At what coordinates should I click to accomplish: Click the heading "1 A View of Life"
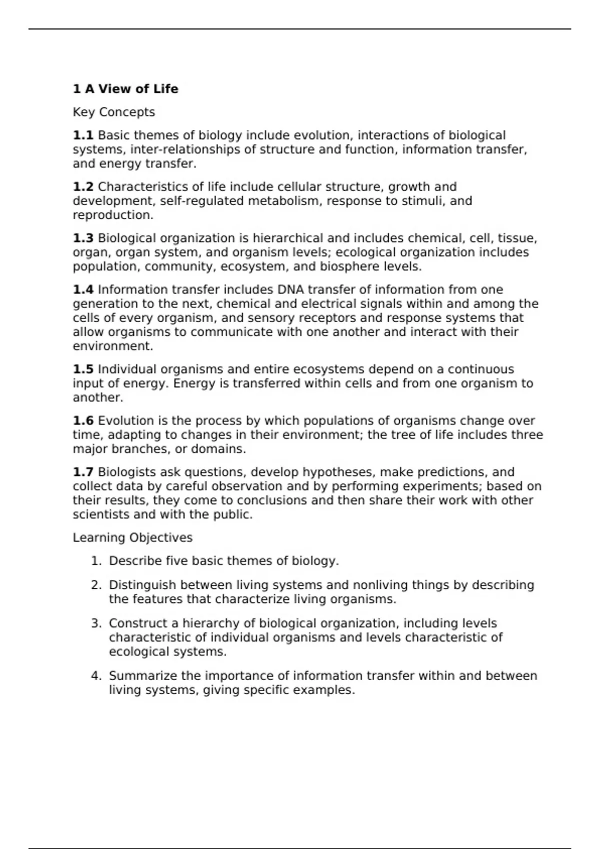(125, 89)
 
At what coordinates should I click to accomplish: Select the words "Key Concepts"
(113, 112)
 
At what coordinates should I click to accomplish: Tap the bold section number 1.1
(83, 136)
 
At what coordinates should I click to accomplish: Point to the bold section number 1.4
(83, 290)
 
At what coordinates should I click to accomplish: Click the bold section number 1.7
(83, 472)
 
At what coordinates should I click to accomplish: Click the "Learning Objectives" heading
(132, 538)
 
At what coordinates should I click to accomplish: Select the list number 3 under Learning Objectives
(96, 624)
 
